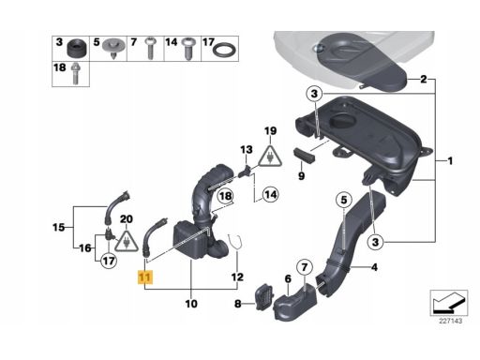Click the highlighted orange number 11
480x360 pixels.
coord(145,277)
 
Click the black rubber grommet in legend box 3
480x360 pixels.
coord(76,49)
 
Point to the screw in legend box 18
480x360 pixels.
coord(75,74)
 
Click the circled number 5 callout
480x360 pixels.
coord(344,200)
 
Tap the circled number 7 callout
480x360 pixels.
coord(305,267)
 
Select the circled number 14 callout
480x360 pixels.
coord(270,195)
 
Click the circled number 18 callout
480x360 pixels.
coord(225,196)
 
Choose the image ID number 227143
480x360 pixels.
coord(450,321)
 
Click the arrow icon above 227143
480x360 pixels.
coord(449,303)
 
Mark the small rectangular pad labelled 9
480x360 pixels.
coord(304,156)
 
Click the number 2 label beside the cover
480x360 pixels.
coord(423,79)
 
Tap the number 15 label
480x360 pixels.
coord(58,227)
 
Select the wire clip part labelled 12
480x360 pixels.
coord(236,242)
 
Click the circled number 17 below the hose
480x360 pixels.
coord(109,261)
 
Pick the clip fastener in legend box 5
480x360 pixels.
coord(113,49)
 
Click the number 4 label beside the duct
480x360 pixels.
coord(374,267)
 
